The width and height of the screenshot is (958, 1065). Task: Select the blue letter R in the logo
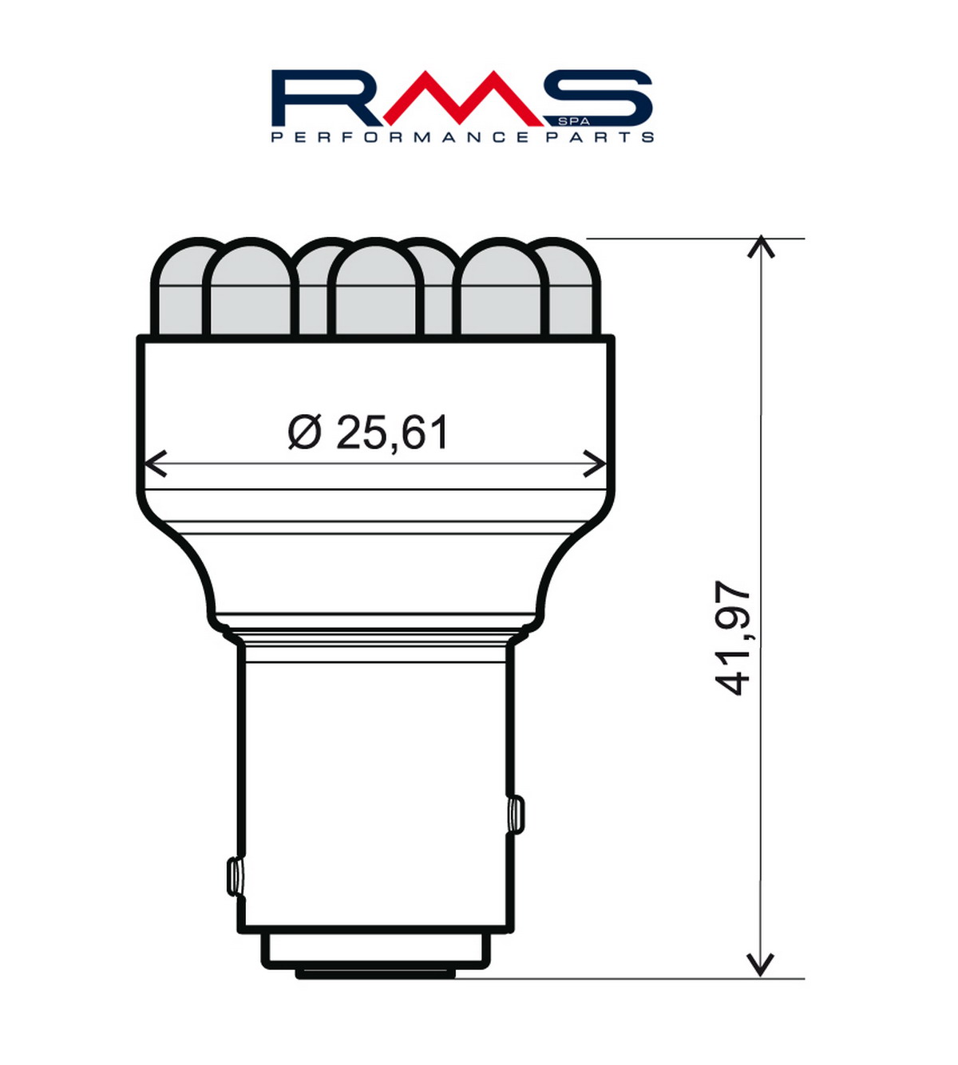tap(331, 97)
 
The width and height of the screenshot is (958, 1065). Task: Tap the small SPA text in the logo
tap(574, 121)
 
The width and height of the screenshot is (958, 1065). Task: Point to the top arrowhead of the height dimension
tap(760, 247)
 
